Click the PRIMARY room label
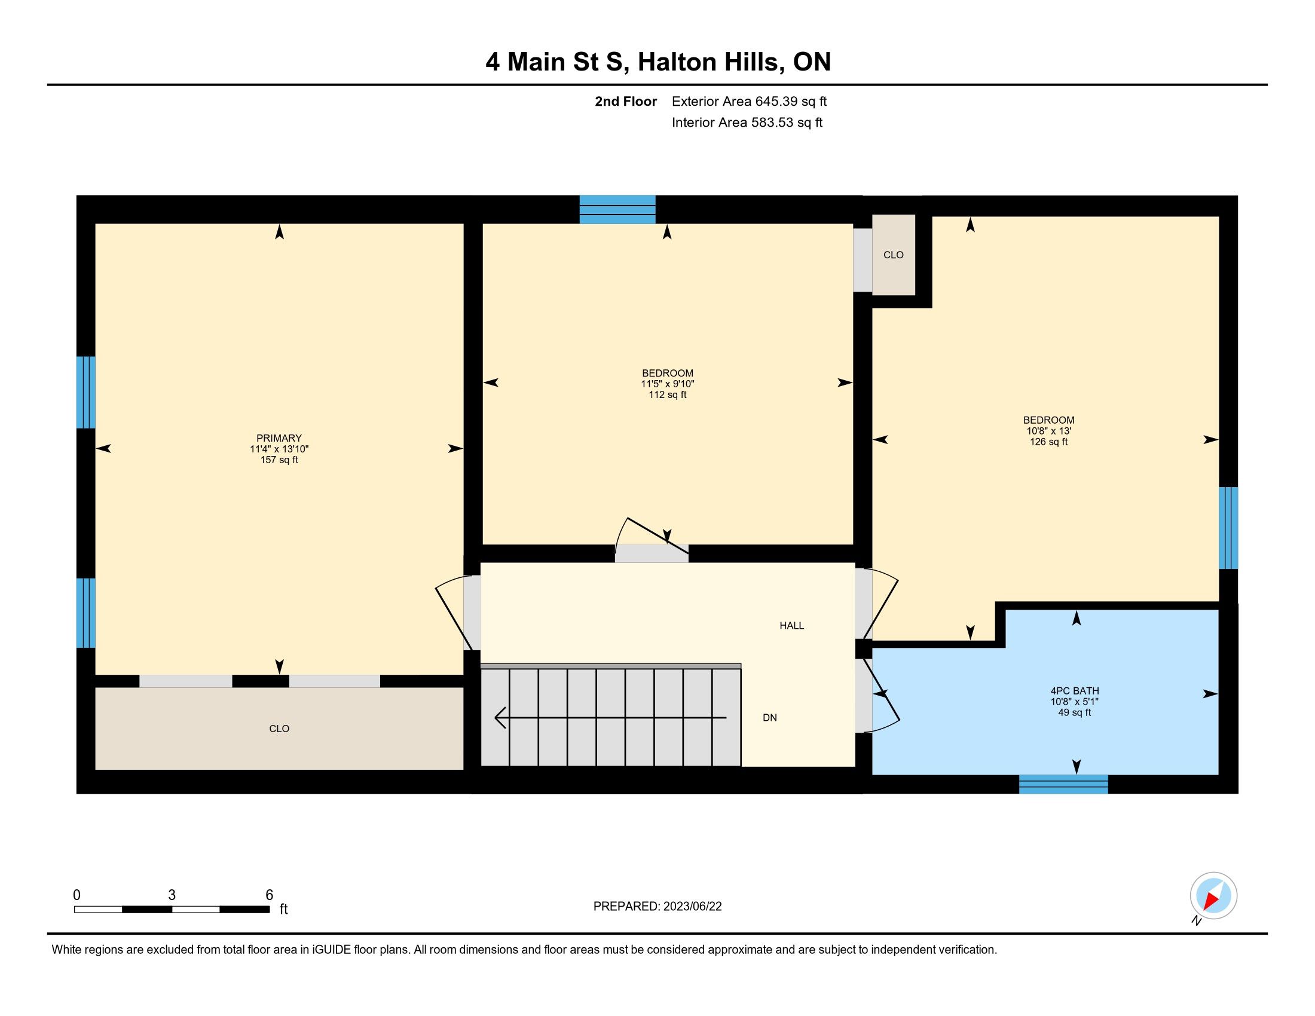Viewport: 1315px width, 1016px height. [279, 438]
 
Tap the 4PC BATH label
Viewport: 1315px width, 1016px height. [1074, 691]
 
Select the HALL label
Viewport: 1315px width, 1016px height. [792, 625]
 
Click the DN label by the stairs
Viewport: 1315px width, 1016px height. [769, 717]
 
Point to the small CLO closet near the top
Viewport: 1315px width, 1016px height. [894, 255]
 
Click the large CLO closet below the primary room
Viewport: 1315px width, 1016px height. [279, 729]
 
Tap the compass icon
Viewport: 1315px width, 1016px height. [1213, 895]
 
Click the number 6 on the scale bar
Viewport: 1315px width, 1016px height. [269, 895]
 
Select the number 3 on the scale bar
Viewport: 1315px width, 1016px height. [172, 895]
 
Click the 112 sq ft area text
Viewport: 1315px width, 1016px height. [667, 395]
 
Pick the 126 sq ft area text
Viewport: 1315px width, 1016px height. [1048, 442]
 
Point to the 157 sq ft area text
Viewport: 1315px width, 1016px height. [279, 460]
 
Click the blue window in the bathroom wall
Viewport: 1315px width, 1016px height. [1063, 784]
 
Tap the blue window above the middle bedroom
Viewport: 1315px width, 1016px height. [617, 209]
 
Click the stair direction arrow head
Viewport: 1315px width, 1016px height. [500, 717]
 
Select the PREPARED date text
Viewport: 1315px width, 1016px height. [657, 907]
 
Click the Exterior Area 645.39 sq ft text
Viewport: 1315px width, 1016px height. [749, 101]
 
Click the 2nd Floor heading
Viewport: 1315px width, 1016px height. [626, 101]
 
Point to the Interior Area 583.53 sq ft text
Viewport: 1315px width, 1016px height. [747, 122]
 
